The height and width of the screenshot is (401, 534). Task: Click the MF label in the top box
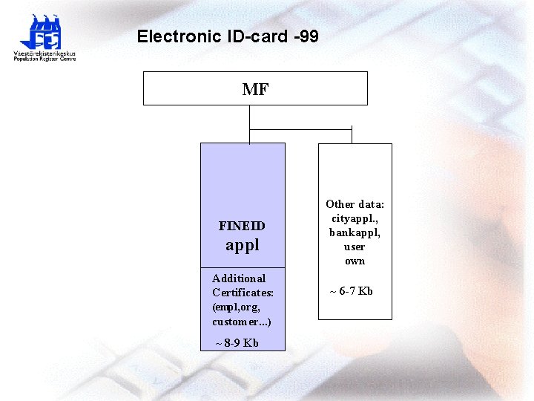pos(255,90)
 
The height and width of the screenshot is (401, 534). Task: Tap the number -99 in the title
pos(306,36)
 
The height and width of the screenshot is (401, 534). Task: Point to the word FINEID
pos(242,226)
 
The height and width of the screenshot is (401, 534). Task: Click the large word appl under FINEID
pos(243,245)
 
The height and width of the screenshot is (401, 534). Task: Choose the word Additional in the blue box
pos(239,278)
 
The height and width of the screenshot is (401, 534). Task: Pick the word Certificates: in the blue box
pos(243,293)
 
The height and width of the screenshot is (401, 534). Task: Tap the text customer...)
pos(241,322)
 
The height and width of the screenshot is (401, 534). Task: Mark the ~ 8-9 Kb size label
pos(237,343)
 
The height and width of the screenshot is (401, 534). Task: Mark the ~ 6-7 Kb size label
pos(351,291)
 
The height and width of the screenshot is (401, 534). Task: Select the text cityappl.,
pos(355,218)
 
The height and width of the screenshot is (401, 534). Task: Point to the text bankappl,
pos(355,232)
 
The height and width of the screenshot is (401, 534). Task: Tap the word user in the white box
pos(355,247)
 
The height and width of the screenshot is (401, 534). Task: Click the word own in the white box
pos(355,261)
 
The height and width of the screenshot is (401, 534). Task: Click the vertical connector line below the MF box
pos(250,117)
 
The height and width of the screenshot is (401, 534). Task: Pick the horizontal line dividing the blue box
pos(243,267)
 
